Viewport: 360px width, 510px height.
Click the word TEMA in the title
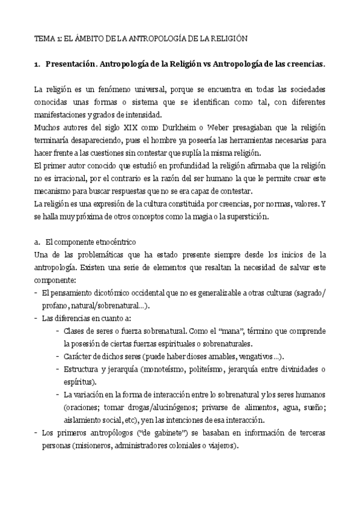44,38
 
